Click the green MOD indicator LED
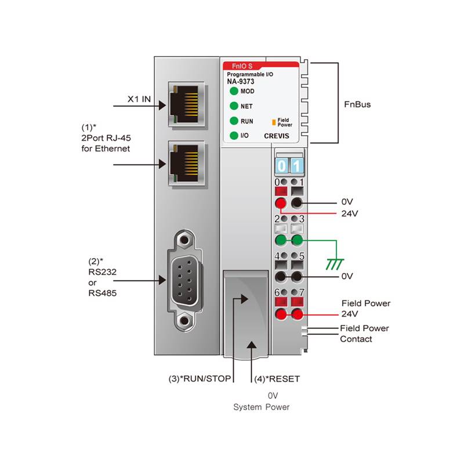234,91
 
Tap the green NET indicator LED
234,106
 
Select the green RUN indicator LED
234,121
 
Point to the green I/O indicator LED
234,136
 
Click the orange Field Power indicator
274,122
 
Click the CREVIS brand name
277,136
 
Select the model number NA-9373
241,82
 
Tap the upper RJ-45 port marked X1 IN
186,104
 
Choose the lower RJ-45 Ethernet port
186,164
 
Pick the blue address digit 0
281,166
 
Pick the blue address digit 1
297,166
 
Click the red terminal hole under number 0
281,204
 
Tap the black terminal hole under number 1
297,204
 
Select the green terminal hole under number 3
297,240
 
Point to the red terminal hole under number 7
297,314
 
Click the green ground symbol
335,264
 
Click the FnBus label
357,104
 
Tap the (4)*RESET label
277,379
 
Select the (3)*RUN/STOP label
200,379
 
